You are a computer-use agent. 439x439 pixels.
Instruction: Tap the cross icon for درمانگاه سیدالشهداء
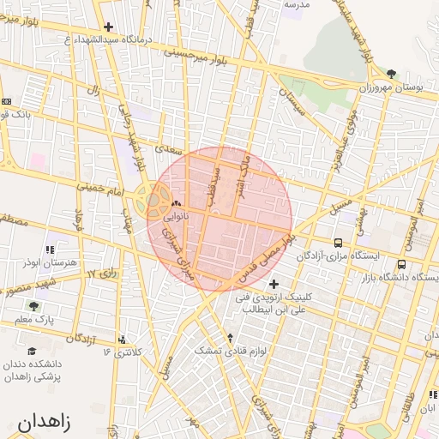point(108,27)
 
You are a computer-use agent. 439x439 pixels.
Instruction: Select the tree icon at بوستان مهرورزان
point(392,75)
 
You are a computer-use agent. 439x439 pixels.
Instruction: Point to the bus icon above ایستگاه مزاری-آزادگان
point(339,243)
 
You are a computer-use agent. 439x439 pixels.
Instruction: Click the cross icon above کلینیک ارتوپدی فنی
point(274,284)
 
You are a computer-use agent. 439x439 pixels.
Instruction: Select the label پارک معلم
point(33,320)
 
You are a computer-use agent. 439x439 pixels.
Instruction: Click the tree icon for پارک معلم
point(33,305)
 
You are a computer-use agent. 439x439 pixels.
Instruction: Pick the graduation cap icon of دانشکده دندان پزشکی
point(32,351)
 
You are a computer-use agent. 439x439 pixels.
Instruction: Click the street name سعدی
point(164,149)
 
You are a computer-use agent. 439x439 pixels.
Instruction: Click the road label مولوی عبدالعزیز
point(346,138)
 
